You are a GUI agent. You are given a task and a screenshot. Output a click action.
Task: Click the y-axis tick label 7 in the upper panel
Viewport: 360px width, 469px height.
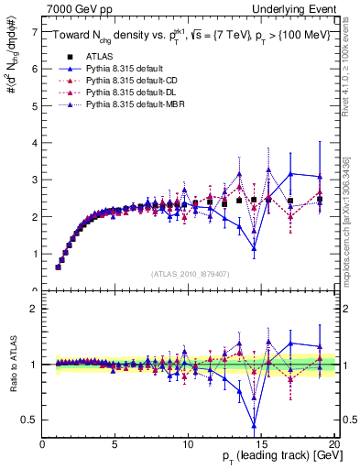click(x=34, y=31)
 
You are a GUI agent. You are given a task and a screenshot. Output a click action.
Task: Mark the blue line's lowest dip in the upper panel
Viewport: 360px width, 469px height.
click(x=254, y=248)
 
